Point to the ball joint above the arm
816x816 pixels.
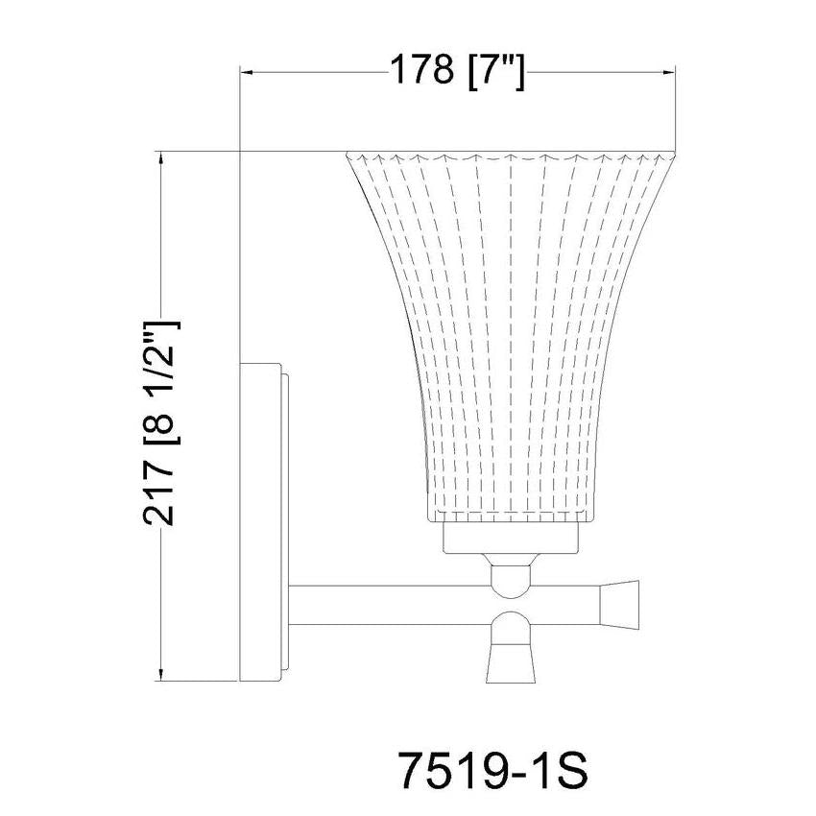(x=509, y=576)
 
